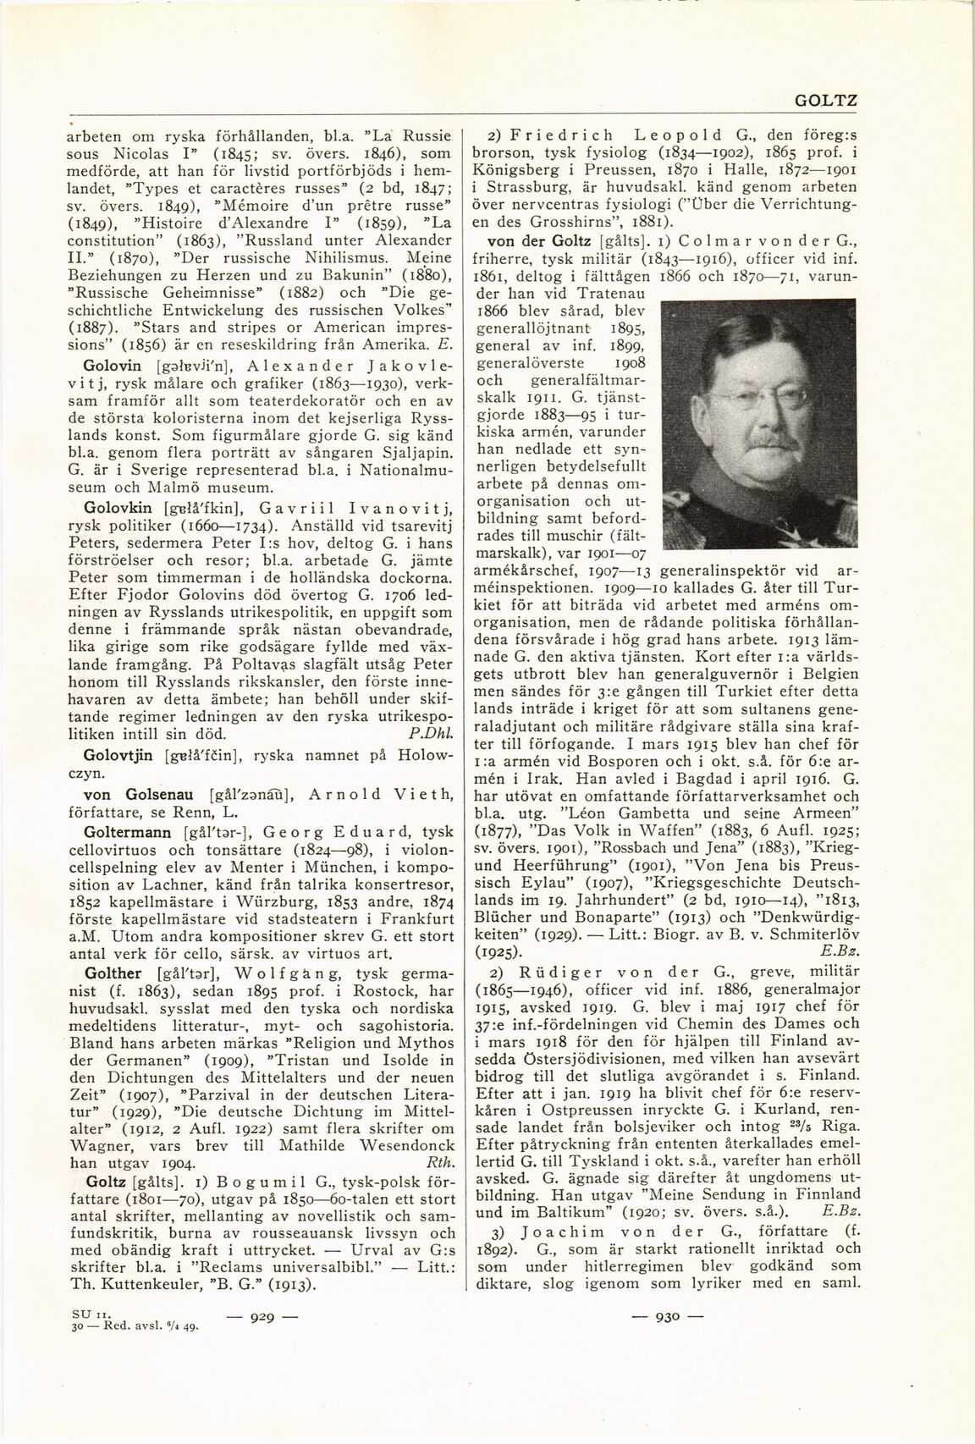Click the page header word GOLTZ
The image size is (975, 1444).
(827, 101)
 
